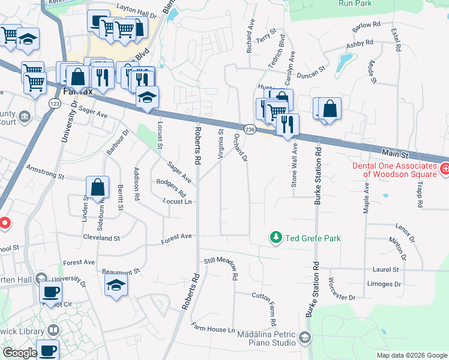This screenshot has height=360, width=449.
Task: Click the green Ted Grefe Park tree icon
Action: (276, 238)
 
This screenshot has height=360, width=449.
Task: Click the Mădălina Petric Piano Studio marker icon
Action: (306, 338)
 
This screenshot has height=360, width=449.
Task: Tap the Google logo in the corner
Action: (20, 353)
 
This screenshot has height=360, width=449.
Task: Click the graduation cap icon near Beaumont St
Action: (116, 286)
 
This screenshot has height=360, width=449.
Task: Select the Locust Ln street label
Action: (177, 202)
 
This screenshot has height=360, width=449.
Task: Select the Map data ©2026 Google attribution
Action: (411, 355)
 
